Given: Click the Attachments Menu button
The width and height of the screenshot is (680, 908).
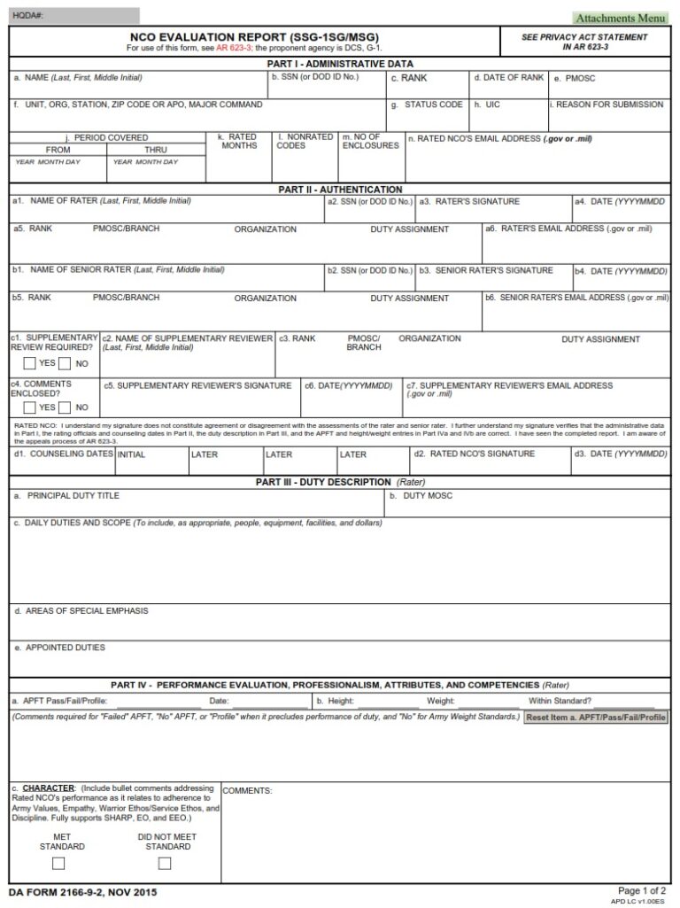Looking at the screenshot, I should point(621,18).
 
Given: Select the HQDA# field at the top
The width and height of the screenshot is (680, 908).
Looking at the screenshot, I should point(74,16).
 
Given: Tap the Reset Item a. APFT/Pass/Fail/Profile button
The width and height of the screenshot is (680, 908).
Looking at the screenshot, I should point(595,717).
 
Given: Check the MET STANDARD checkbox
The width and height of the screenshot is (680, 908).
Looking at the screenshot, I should point(58,863).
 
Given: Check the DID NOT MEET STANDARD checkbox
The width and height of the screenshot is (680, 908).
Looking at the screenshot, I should point(165,863).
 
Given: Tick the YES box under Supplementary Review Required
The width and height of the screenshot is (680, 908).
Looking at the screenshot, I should point(30,363).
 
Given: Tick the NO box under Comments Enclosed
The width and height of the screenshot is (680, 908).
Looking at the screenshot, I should point(65,407).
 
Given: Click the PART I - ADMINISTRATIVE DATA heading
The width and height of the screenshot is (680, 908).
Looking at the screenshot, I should point(340,64).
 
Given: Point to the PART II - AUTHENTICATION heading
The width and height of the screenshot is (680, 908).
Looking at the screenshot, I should point(340,190).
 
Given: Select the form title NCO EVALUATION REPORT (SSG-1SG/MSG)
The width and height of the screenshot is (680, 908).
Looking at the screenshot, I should point(254,36).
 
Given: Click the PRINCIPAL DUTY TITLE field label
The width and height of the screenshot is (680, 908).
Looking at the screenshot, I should point(73,496).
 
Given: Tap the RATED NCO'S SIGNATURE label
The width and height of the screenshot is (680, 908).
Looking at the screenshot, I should point(483,454).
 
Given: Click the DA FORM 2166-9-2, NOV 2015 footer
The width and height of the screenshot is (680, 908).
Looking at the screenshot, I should point(77,892).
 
